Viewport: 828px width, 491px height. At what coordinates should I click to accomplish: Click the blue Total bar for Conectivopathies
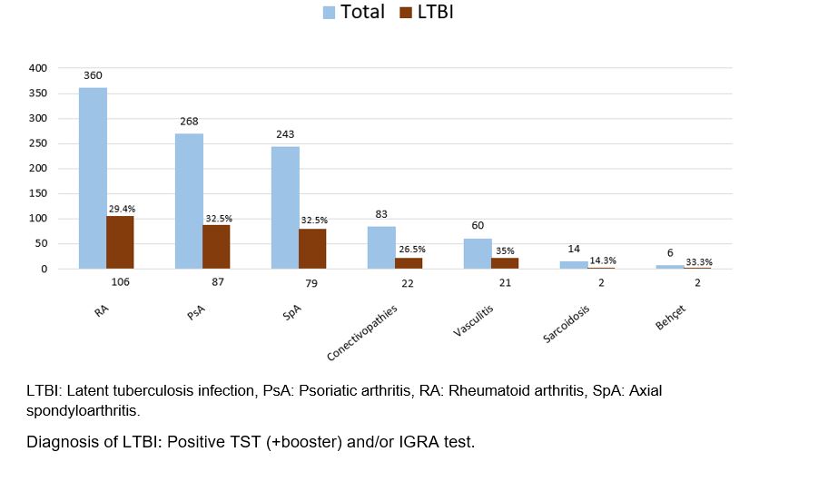click(381, 248)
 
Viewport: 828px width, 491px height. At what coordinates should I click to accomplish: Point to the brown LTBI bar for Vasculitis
click(505, 263)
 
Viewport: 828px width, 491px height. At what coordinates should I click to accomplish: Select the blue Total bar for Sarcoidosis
click(574, 265)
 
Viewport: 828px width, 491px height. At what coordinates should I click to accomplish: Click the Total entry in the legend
click(353, 13)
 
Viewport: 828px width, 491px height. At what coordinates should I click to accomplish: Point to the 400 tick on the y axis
click(37, 68)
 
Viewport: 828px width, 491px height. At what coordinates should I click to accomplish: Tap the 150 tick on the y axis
click(37, 193)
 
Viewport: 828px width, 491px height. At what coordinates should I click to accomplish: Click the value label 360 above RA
click(93, 77)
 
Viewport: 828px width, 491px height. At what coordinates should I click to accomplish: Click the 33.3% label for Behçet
click(698, 261)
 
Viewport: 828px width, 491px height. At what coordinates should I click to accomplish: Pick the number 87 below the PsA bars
click(216, 282)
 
